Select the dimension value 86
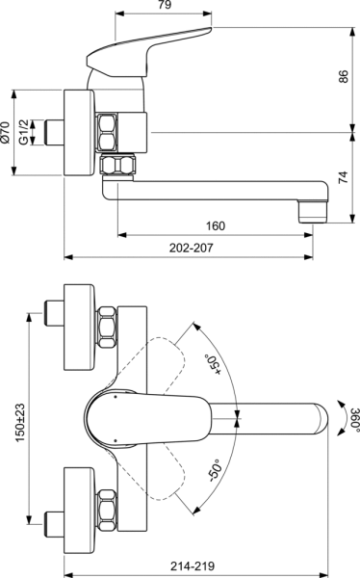[344, 78]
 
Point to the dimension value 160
[216, 226]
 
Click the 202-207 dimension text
[191, 249]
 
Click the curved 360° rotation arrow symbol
[339, 417]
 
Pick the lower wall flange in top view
[76, 506]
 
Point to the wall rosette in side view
[76, 133]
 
